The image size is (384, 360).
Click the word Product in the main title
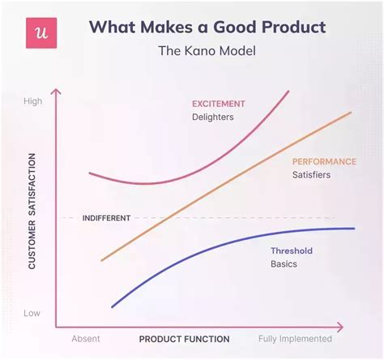pyautogui.click(x=288, y=27)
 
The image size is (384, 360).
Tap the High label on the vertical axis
pyautogui.click(x=33, y=101)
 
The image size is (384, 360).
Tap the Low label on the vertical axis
pyautogui.click(x=32, y=312)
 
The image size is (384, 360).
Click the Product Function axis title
pyautogui.click(x=184, y=339)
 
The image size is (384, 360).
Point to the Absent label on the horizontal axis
pyautogui.click(x=86, y=339)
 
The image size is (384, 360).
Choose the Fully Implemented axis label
pyautogui.click(x=295, y=339)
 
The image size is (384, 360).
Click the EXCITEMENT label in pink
pyautogui.click(x=218, y=104)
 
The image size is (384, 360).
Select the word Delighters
pyautogui.click(x=212, y=118)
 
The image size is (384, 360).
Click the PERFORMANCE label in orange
pyautogui.click(x=323, y=161)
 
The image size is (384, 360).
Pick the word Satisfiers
pyautogui.click(x=310, y=175)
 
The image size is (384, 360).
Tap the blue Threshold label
pyautogui.click(x=292, y=251)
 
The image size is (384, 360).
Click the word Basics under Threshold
pyautogui.click(x=284, y=264)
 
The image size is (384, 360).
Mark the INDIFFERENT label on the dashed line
pyautogui.click(x=106, y=217)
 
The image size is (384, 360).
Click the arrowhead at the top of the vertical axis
pyautogui.click(x=56, y=90)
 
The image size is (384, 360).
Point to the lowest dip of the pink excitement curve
pyautogui.click(x=144, y=183)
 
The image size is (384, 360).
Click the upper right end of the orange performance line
pyautogui.click(x=352, y=113)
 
